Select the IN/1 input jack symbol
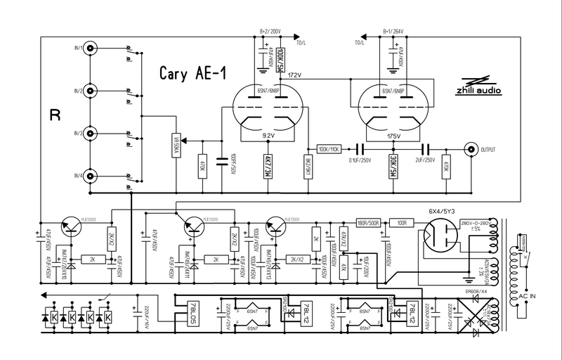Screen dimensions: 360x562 click(91, 50)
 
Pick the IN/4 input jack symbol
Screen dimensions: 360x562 click(91, 177)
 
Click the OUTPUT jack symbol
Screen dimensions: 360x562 click(470, 149)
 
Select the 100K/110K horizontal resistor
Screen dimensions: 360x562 click(329, 150)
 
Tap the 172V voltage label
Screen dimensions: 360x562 click(294, 76)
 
